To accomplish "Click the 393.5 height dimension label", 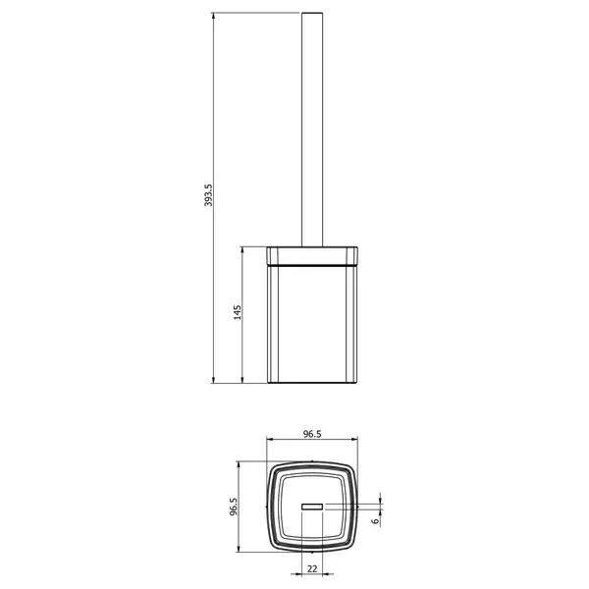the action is click(208, 195).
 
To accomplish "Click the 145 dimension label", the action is click(238, 312).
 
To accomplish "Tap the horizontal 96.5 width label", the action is click(312, 434).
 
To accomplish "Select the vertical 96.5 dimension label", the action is click(234, 507).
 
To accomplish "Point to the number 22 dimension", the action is click(312, 569).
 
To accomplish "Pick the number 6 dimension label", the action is click(375, 521).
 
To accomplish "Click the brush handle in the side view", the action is click(312, 130).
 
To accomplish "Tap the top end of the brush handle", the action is click(312, 13).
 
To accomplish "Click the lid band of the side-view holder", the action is click(312, 256).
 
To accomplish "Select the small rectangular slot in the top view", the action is click(312, 507).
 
